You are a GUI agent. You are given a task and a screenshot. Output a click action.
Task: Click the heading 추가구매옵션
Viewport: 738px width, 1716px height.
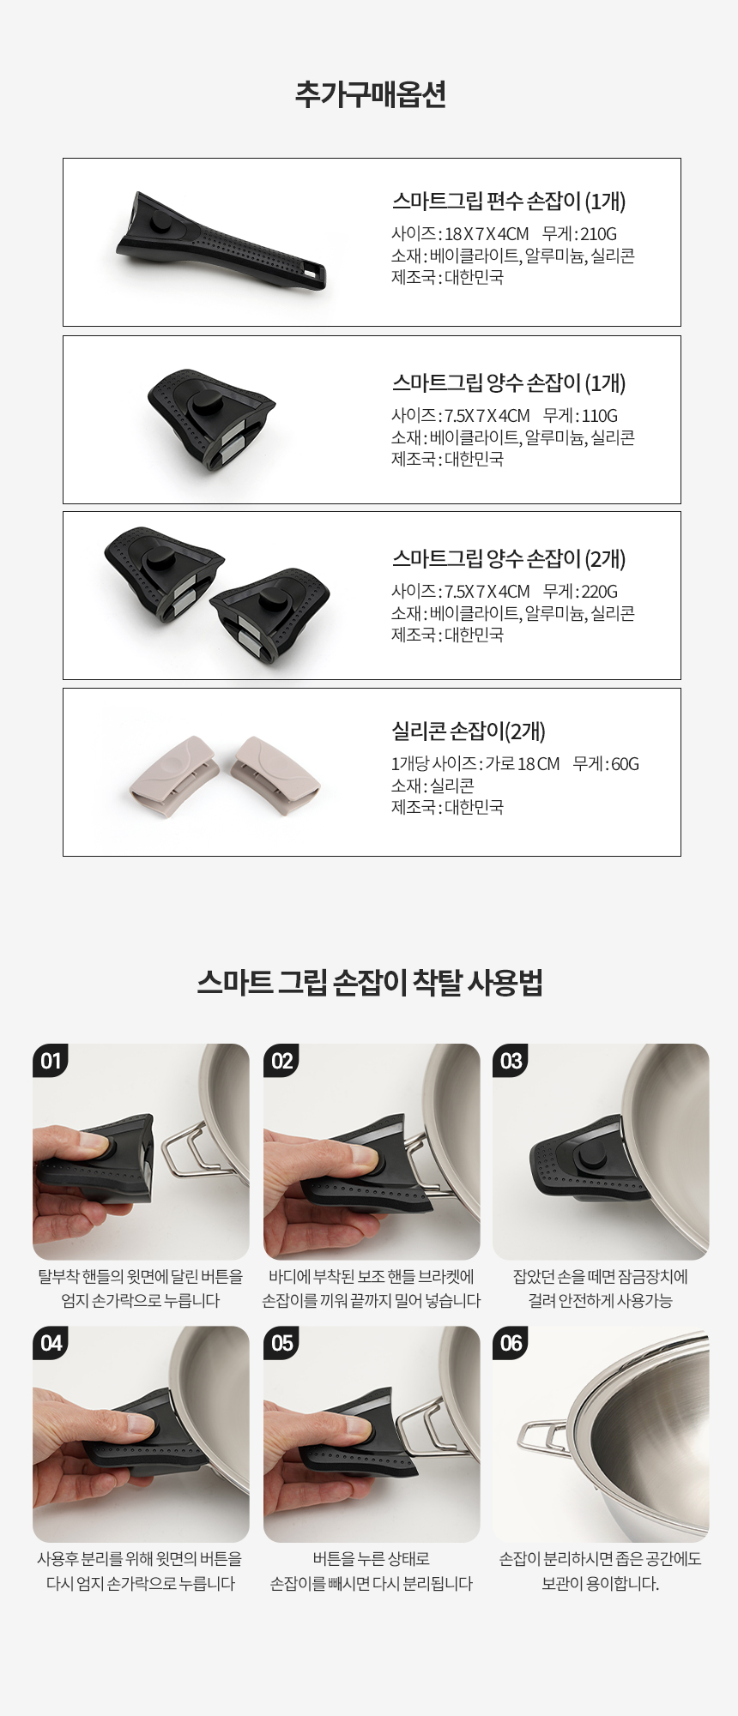(370, 94)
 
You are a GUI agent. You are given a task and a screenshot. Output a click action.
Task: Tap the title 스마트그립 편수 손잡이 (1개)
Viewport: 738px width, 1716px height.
(509, 202)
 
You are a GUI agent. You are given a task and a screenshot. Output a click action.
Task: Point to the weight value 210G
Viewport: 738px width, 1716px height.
(598, 233)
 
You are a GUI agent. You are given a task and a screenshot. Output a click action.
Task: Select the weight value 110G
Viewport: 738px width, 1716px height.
(599, 415)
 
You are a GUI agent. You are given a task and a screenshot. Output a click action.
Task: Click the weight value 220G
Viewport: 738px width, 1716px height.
(599, 591)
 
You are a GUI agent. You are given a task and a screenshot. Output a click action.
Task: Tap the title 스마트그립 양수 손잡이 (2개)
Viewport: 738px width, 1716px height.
(509, 559)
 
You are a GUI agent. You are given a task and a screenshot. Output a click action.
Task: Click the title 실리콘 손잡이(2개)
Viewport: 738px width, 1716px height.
(469, 732)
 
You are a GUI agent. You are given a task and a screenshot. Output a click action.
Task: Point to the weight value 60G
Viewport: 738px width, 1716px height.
(625, 763)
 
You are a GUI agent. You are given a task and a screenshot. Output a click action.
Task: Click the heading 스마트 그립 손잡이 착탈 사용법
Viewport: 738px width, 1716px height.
(370, 982)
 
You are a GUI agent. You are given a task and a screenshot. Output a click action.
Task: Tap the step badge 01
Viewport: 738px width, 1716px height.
(51, 1061)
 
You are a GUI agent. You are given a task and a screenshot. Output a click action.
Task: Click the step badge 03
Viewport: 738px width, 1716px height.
(511, 1061)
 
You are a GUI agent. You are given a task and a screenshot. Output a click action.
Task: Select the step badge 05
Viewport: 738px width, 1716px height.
(281, 1343)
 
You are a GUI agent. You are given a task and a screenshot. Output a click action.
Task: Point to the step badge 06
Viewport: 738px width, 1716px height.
(511, 1343)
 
